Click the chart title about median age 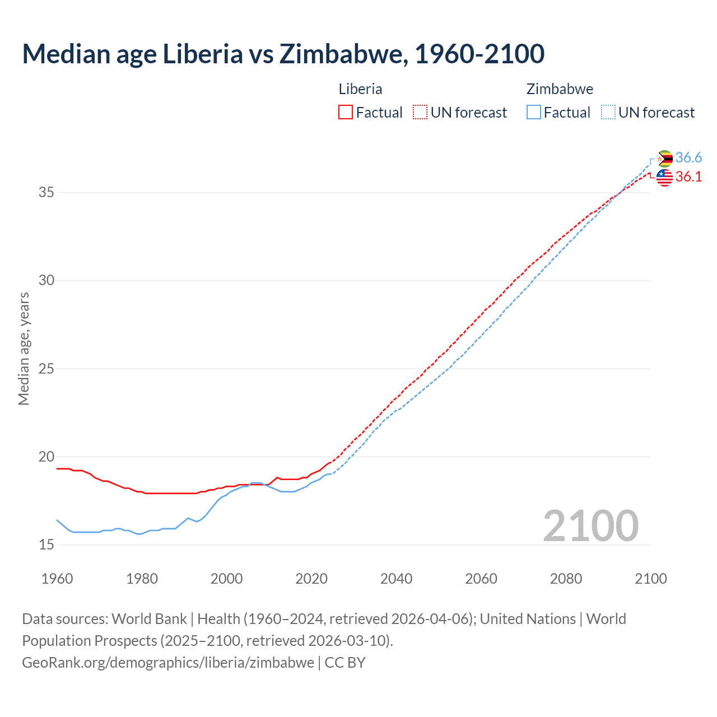pyautogui.click(x=283, y=54)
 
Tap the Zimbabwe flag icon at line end pyautogui.click(x=664, y=159)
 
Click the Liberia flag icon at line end pyautogui.click(x=664, y=178)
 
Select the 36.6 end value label pyautogui.click(x=688, y=158)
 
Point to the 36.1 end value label pyautogui.click(x=688, y=177)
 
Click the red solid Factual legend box pyautogui.click(x=346, y=112)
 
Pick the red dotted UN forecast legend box pyautogui.click(x=420, y=112)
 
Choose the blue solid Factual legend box pyautogui.click(x=534, y=112)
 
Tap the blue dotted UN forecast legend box pyautogui.click(x=608, y=112)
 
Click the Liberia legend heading pyautogui.click(x=360, y=89)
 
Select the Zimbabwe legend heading pyautogui.click(x=560, y=89)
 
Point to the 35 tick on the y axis pyautogui.click(x=46, y=193)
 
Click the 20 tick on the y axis pyautogui.click(x=46, y=457)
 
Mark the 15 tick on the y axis pyautogui.click(x=46, y=544)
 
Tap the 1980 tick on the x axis pyautogui.click(x=142, y=579)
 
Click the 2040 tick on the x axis pyautogui.click(x=396, y=579)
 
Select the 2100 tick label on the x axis pyautogui.click(x=650, y=579)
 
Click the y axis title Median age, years pyautogui.click(x=24, y=348)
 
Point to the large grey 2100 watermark pyautogui.click(x=591, y=525)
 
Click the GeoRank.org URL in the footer pyautogui.click(x=168, y=663)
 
